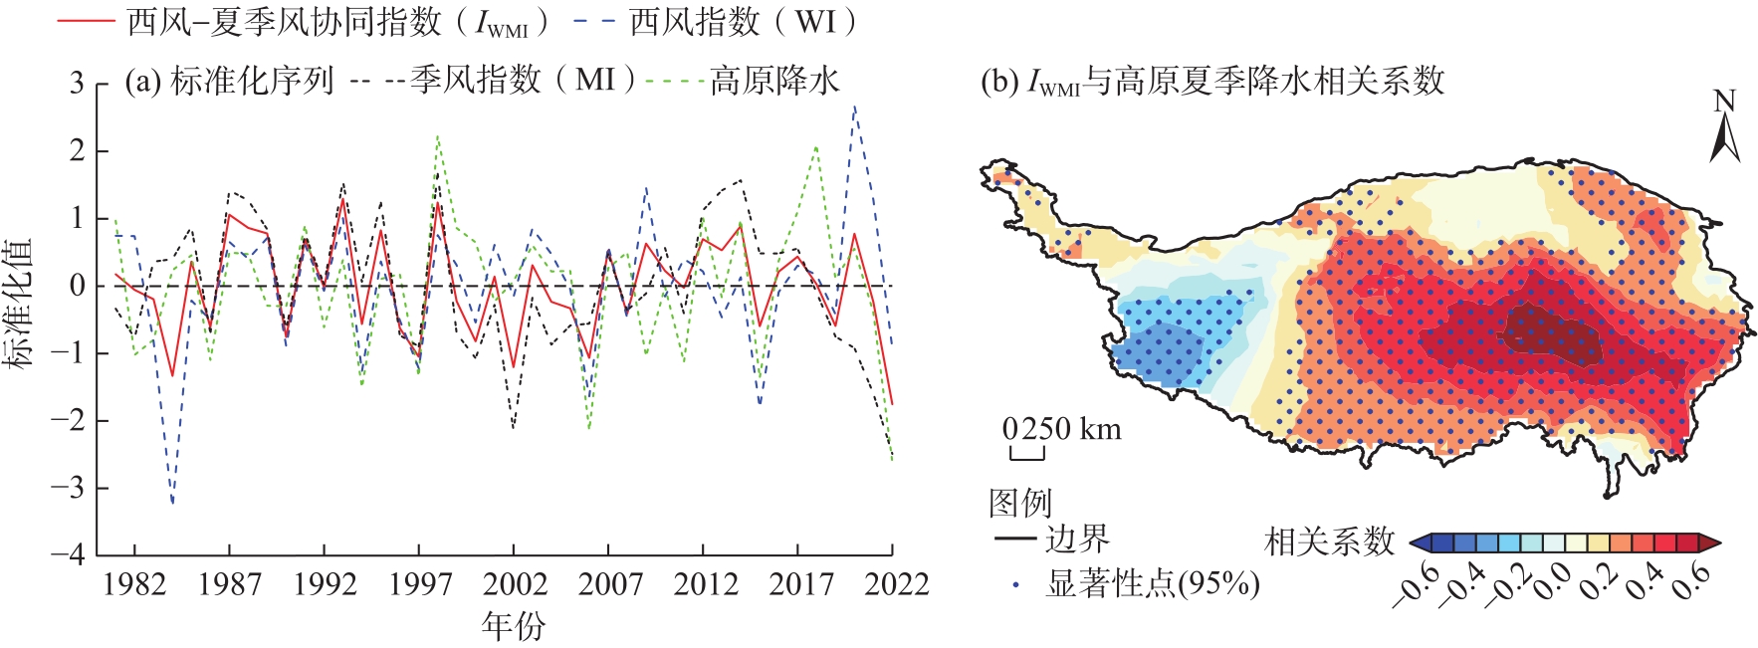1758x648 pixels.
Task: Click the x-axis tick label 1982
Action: point(134,583)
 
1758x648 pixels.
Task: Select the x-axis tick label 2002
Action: point(514,583)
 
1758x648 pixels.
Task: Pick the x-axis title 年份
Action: point(513,626)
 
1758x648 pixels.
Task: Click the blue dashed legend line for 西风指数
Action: point(594,21)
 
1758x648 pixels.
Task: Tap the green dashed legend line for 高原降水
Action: point(675,81)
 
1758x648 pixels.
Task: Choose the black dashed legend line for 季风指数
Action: point(377,81)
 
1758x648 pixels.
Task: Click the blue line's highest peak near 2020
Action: point(854,106)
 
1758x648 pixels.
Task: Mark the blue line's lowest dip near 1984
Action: point(172,503)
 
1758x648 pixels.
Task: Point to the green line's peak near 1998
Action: point(438,136)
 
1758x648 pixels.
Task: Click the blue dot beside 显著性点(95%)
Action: point(1015,584)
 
